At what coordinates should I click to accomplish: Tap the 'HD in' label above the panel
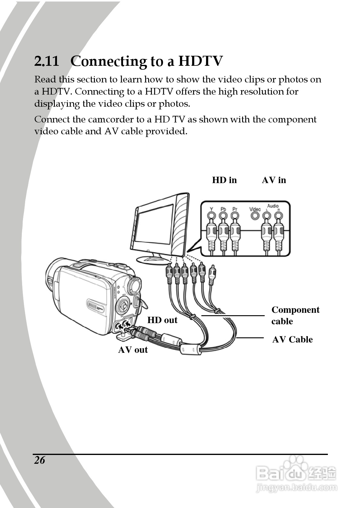pos(224,180)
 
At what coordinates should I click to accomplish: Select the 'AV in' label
pos(274,180)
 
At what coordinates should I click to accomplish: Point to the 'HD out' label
pos(162,320)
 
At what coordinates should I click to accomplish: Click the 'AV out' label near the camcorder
pos(133,350)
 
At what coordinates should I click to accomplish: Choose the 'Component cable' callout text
pos(295,315)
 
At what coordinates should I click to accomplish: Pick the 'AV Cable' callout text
pos(292,339)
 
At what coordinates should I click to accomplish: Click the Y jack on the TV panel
pos(212,216)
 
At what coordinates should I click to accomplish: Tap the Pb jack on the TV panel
pos(223,216)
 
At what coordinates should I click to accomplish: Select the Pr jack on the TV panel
pos(235,216)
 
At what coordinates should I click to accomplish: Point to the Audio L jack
pos(266,216)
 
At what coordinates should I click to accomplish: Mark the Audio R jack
pos(278,216)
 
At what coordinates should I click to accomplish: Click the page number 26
pos(39,460)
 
